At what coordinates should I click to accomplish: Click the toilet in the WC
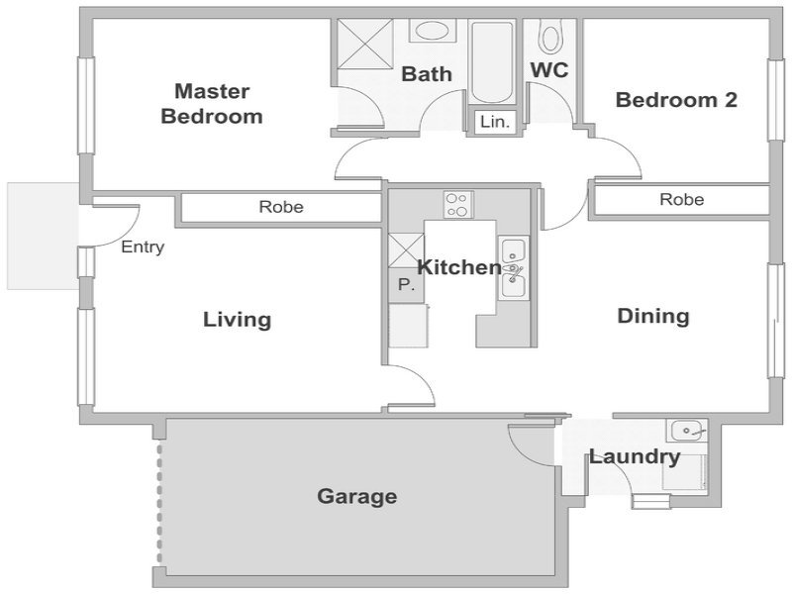[x=549, y=36]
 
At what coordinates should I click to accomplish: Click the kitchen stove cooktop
[x=458, y=204]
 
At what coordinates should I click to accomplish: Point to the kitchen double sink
[x=513, y=267]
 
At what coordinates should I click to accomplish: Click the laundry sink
[x=687, y=431]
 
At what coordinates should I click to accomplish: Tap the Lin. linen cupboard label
[x=495, y=122]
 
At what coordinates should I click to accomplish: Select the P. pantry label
[x=406, y=285]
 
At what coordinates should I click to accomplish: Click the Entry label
[x=143, y=247]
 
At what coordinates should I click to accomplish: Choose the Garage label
[x=357, y=496]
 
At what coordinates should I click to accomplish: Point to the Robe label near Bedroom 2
[x=681, y=200]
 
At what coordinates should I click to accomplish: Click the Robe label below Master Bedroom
[x=281, y=207]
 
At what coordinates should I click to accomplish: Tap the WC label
[x=549, y=70]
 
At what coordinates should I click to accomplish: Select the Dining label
[x=653, y=316]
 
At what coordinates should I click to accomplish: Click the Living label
[x=238, y=320]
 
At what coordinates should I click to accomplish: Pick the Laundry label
[x=635, y=457]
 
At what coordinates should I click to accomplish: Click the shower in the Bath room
[x=364, y=43]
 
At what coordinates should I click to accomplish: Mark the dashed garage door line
[x=159, y=503]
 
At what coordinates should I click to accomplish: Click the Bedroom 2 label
[x=676, y=100]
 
